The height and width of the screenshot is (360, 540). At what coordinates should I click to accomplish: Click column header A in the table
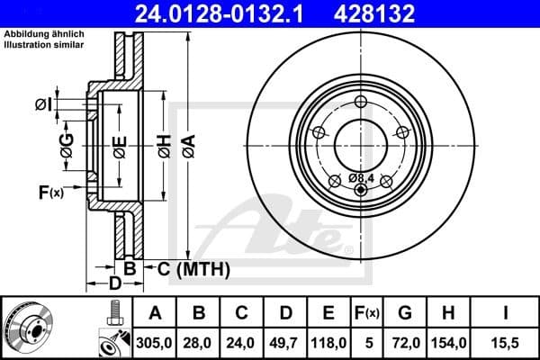156,313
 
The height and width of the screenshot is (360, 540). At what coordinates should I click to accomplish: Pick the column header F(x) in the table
367,313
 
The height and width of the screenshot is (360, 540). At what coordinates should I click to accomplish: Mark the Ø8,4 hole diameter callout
361,177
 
